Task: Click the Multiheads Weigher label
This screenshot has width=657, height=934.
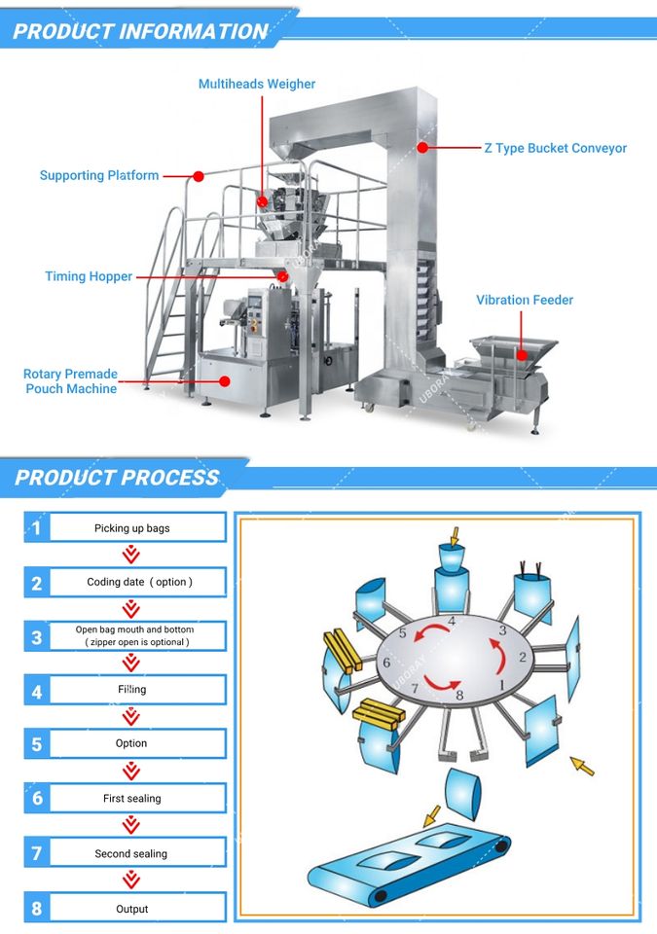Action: coord(257,85)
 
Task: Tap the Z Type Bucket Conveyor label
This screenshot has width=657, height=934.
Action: coord(555,149)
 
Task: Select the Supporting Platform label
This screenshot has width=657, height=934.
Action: coord(98,176)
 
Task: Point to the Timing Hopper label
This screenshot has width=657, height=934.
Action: coord(89,277)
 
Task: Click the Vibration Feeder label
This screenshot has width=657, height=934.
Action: coord(525,301)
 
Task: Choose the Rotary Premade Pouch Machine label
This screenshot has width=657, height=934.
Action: coord(70,381)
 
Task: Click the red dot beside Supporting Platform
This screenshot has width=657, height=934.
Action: coord(198,177)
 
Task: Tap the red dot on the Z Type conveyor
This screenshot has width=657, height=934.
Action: coord(422,148)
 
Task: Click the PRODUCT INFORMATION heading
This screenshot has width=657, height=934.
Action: coord(140,31)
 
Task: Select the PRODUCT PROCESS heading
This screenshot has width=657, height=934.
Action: coord(117,478)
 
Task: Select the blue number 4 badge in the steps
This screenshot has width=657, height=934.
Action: coord(37,692)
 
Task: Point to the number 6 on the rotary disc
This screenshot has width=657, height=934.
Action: coord(387,663)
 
